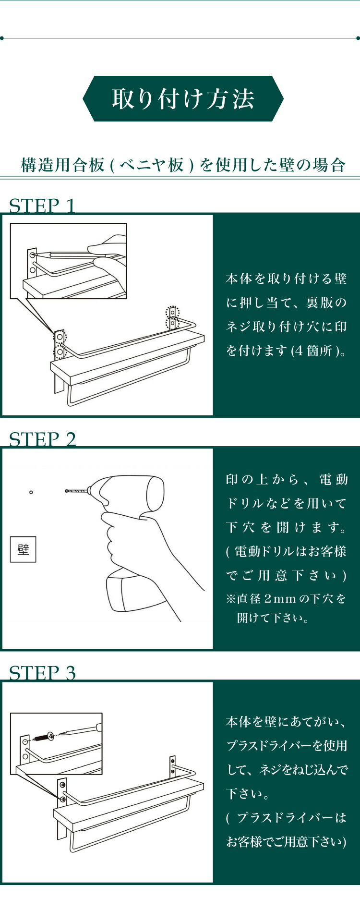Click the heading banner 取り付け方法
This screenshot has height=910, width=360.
183,98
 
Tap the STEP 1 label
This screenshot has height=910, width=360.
42,206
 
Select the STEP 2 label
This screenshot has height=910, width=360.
42,439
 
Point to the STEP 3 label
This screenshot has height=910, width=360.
42,673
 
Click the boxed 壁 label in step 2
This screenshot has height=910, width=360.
23,549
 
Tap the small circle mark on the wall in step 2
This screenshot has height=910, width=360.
31,492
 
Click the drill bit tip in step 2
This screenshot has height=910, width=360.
66,491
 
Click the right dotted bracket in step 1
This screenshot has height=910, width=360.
172,318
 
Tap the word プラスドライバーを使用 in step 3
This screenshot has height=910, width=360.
287,746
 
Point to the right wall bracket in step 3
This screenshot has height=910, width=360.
172,770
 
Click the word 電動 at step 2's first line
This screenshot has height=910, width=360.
334,479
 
